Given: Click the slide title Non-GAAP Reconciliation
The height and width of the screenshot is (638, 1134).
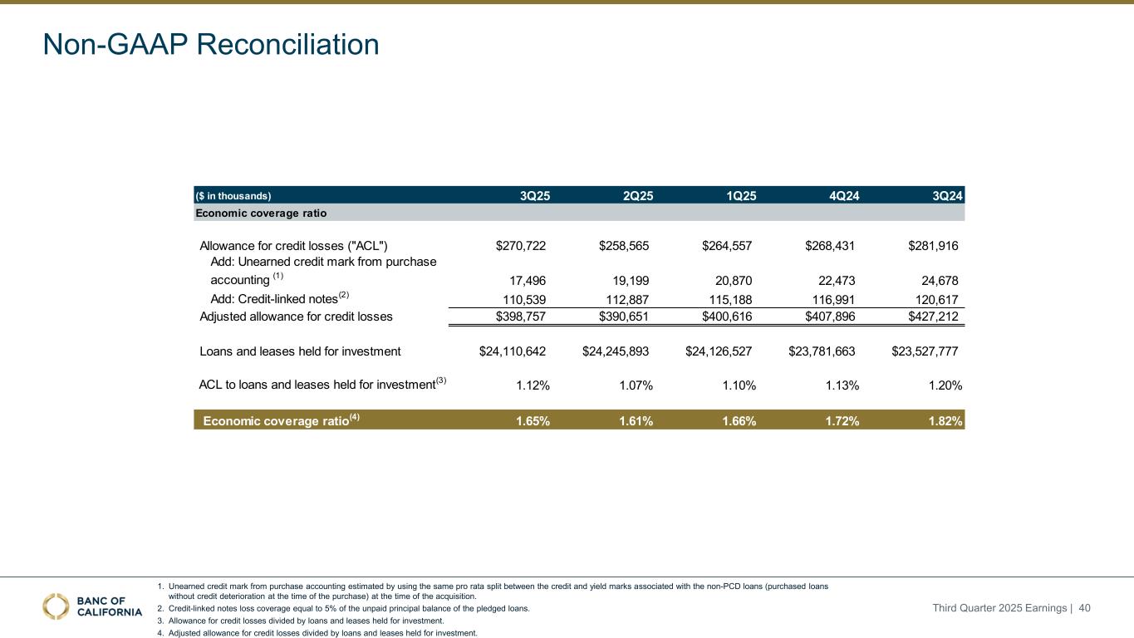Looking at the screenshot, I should click(211, 44).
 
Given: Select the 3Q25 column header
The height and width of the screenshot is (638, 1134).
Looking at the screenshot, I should click(534, 196).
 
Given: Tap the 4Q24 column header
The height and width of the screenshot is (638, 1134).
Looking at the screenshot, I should click(844, 196).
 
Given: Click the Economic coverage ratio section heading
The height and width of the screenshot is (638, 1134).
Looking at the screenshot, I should click(260, 213).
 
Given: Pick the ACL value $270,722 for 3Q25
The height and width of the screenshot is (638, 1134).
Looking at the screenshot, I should click(521, 246).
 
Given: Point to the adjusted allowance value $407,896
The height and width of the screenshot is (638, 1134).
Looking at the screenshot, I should click(831, 317).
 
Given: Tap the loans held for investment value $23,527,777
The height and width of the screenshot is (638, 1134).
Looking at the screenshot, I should click(925, 351).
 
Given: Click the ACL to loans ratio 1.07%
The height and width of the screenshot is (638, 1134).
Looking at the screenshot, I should click(636, 385).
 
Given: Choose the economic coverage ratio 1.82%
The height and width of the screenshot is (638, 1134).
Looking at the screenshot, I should click(945, 421).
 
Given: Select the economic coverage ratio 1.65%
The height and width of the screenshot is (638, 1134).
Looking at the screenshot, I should click(533, 421).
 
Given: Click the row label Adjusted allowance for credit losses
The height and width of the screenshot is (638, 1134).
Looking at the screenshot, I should click(296, 317).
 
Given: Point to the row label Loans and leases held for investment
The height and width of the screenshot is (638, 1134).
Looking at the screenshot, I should click(300, 351).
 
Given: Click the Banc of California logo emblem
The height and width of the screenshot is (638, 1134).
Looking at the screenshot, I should click(56, 607).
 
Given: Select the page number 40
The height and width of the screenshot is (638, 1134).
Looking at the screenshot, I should click(1083, 609).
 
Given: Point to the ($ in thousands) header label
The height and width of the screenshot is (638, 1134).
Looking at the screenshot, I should click(233, 196).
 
